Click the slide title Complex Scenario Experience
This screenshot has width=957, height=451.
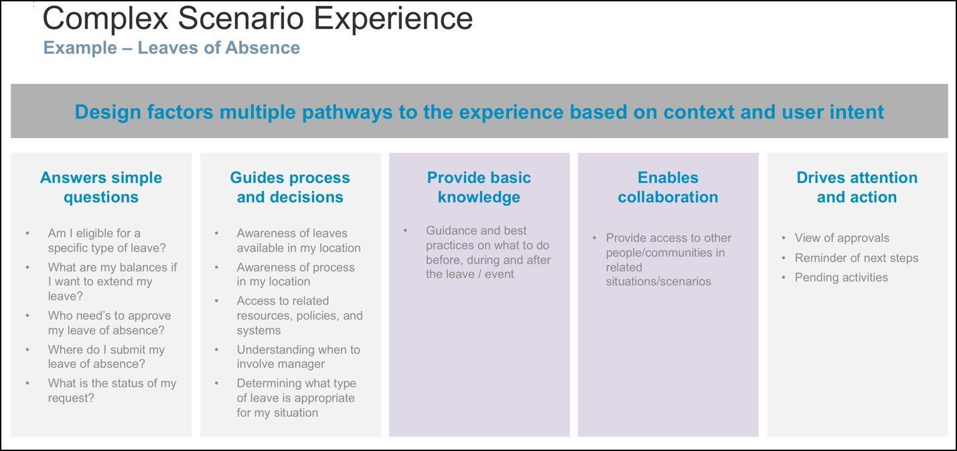point(258,19)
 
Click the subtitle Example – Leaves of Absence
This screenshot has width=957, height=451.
point(171,48)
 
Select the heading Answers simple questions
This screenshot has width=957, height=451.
point(101,187)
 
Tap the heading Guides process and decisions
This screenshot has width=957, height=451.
point(290,187)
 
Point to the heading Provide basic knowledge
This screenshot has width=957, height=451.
point(479,187)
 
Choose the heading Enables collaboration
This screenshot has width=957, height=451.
point(668,187)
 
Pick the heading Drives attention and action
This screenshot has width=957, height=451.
point(857,187)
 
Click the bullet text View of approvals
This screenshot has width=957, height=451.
point(842,238)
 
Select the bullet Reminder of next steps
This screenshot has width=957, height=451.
point(856,258)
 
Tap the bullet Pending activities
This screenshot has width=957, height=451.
point(841,277)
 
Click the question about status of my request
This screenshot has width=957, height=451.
point(112,391)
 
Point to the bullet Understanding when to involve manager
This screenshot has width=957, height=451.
point(298,357)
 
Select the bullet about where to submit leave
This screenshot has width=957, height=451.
point(106,357)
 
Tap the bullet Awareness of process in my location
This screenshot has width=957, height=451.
point(295,275)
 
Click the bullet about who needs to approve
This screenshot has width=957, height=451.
point(109,323)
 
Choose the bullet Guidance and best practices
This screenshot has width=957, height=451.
point(488,252)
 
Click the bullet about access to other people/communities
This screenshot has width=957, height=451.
point(668,259)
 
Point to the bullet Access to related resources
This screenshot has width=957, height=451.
point(299,316)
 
